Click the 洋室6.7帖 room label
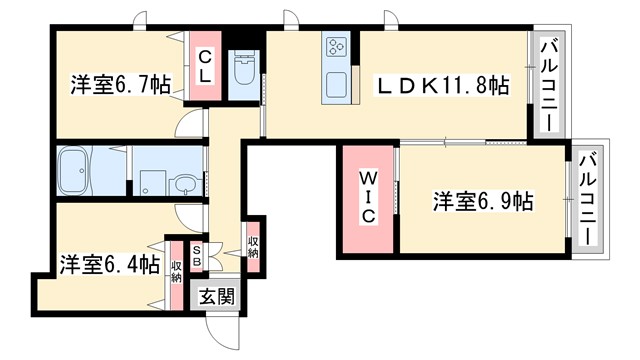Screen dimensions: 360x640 (x=118, y=85)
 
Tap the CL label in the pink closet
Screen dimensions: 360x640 (x=204, y=66)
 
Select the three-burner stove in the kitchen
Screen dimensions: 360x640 (x=335, y=47)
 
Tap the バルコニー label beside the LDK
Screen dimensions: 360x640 (x=549, y=84)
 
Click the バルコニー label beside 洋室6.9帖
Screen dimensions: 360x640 (x=590, y=199)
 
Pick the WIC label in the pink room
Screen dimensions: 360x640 (x=366, y=197)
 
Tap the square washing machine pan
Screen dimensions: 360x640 (x=150, y=182)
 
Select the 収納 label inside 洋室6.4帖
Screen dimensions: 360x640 (x=176, y=270)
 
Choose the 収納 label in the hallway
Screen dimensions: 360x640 (x=254, y=246)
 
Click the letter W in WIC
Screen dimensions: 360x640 (x=366, y=179)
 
